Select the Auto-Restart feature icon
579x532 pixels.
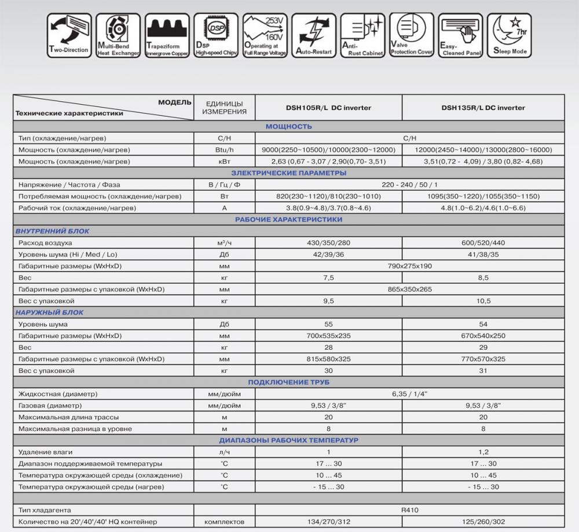(x=314, y=35)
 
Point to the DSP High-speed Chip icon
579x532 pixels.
(x=216, y=35)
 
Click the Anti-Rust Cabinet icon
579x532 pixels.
(x=362, y=35)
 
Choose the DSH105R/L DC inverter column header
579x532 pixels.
(x=328, y=108)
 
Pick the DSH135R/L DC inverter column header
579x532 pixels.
(x=483, y=108)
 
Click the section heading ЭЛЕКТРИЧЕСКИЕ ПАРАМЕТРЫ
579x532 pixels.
(x=288, y=173)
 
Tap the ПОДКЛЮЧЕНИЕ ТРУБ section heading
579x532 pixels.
(x=288, y=382)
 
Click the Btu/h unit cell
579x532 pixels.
(x=224, y=150)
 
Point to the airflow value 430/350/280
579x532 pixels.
(x=328, y=243)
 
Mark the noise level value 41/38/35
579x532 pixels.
(x=483, y=254)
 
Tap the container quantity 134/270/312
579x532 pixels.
(x=328, y=522)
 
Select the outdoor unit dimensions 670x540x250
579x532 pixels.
(x=483, y=336)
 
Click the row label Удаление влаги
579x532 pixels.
(x=46, y=452)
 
